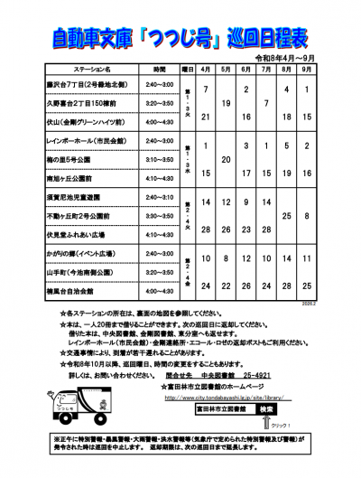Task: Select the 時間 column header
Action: point(160,68)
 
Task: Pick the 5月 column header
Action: point(226,68)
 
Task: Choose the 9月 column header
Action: point(309,68)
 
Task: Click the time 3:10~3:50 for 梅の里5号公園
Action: point(160,159)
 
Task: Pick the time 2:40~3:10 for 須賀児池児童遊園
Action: point(160,197)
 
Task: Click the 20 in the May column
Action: point(226,158)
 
